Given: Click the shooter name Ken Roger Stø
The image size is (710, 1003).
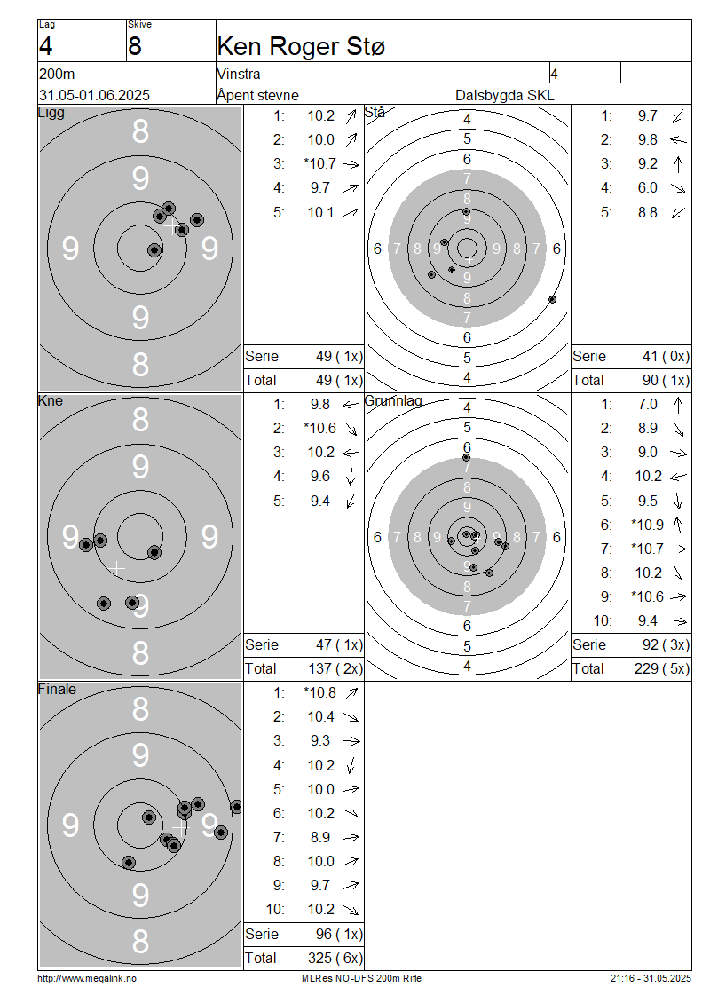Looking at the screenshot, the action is (301, 47).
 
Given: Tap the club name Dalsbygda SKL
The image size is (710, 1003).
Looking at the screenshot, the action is (505, 95).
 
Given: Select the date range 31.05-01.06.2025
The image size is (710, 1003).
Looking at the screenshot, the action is (95, 95).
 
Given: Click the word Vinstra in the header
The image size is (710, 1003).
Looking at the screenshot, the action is (239, 75).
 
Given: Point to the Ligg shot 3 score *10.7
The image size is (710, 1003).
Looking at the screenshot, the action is (319, 163).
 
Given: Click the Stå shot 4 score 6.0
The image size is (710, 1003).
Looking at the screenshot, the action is (647, 188).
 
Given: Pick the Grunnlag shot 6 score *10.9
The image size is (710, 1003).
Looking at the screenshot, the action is (647, 525).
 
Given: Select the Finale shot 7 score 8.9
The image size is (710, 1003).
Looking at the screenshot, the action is (319, 837).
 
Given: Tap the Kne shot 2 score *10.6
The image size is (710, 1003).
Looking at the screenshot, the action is (319, 429).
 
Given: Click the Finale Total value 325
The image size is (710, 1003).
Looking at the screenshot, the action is (319, 959).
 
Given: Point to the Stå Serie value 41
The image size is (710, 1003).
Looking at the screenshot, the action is (651, 356).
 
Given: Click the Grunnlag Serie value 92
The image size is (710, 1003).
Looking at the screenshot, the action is (651, 644).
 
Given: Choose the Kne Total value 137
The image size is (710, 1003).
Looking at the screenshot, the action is (319, 669).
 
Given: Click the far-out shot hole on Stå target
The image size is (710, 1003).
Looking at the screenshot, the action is (553, 299).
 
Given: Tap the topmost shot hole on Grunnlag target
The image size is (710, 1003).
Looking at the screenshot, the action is (466, 457).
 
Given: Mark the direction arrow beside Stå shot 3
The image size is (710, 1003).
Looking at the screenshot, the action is (678, 164).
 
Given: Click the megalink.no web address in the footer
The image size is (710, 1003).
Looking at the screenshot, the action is (87, 979).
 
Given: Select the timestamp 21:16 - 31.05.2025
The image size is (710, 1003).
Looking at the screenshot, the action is (651, 979).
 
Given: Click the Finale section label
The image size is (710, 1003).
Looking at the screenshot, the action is (57, 690).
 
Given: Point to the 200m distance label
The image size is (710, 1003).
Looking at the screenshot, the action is (57, 75).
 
